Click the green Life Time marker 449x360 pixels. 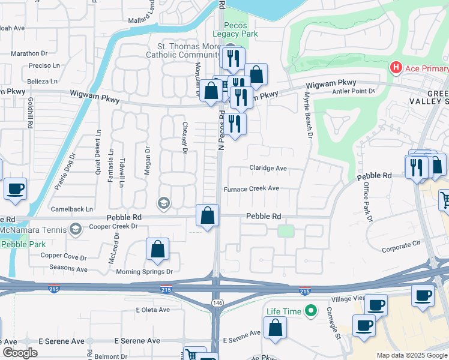[310, 311]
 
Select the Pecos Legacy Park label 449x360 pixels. [240, 29]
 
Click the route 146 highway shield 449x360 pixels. [216, 304]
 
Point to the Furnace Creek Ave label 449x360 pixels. [252, 188]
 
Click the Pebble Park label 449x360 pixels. [23, 244]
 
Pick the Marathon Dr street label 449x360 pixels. [29, 53]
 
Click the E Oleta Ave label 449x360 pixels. [152, 310]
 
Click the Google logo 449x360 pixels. [20, 353]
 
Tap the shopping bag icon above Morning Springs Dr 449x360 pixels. [157, 250]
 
